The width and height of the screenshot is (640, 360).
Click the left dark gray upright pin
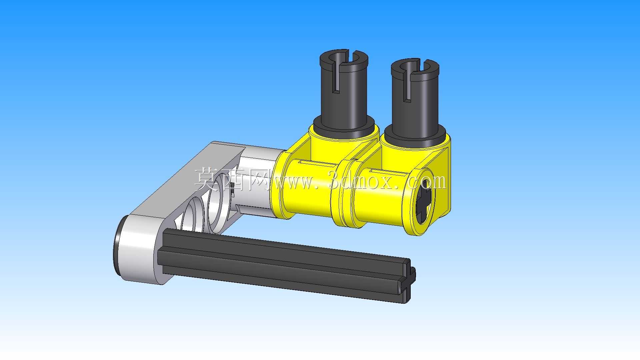click(344, 93)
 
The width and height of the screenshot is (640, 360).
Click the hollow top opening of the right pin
click(415, 66)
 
